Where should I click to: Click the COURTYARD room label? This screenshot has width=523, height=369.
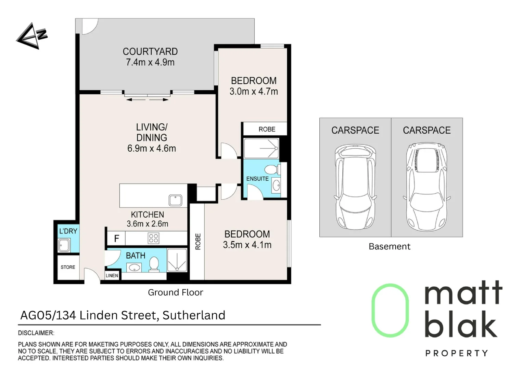point(150,52)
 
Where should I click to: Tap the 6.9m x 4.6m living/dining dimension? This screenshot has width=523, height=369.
point(152,149)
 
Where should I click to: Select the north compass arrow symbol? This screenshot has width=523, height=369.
point(31,36)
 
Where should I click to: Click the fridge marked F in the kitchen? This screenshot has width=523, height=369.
point(116,238)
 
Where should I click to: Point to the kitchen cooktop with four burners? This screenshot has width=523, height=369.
point(153,238)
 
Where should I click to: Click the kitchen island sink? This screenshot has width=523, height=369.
point(175,200)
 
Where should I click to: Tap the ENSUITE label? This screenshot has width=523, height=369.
point(257,179)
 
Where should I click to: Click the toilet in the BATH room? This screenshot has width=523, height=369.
point(154,264)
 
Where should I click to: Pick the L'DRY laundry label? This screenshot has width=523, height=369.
point(68,231)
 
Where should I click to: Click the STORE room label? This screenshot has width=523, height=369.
point(68,267)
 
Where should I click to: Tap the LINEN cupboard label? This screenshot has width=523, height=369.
point(112,275)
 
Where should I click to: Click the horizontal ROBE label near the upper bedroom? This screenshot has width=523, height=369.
point(267,129)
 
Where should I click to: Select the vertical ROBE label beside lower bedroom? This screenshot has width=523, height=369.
point(198,242)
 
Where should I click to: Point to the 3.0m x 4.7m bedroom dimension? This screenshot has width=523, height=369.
point(254,92)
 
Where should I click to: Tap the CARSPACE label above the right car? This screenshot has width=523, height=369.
point(426,130)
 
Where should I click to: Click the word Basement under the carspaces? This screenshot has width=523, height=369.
point(389,246)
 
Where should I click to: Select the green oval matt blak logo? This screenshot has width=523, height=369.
point(390,310)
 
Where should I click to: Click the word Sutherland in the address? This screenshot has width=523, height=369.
point(194,315)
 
